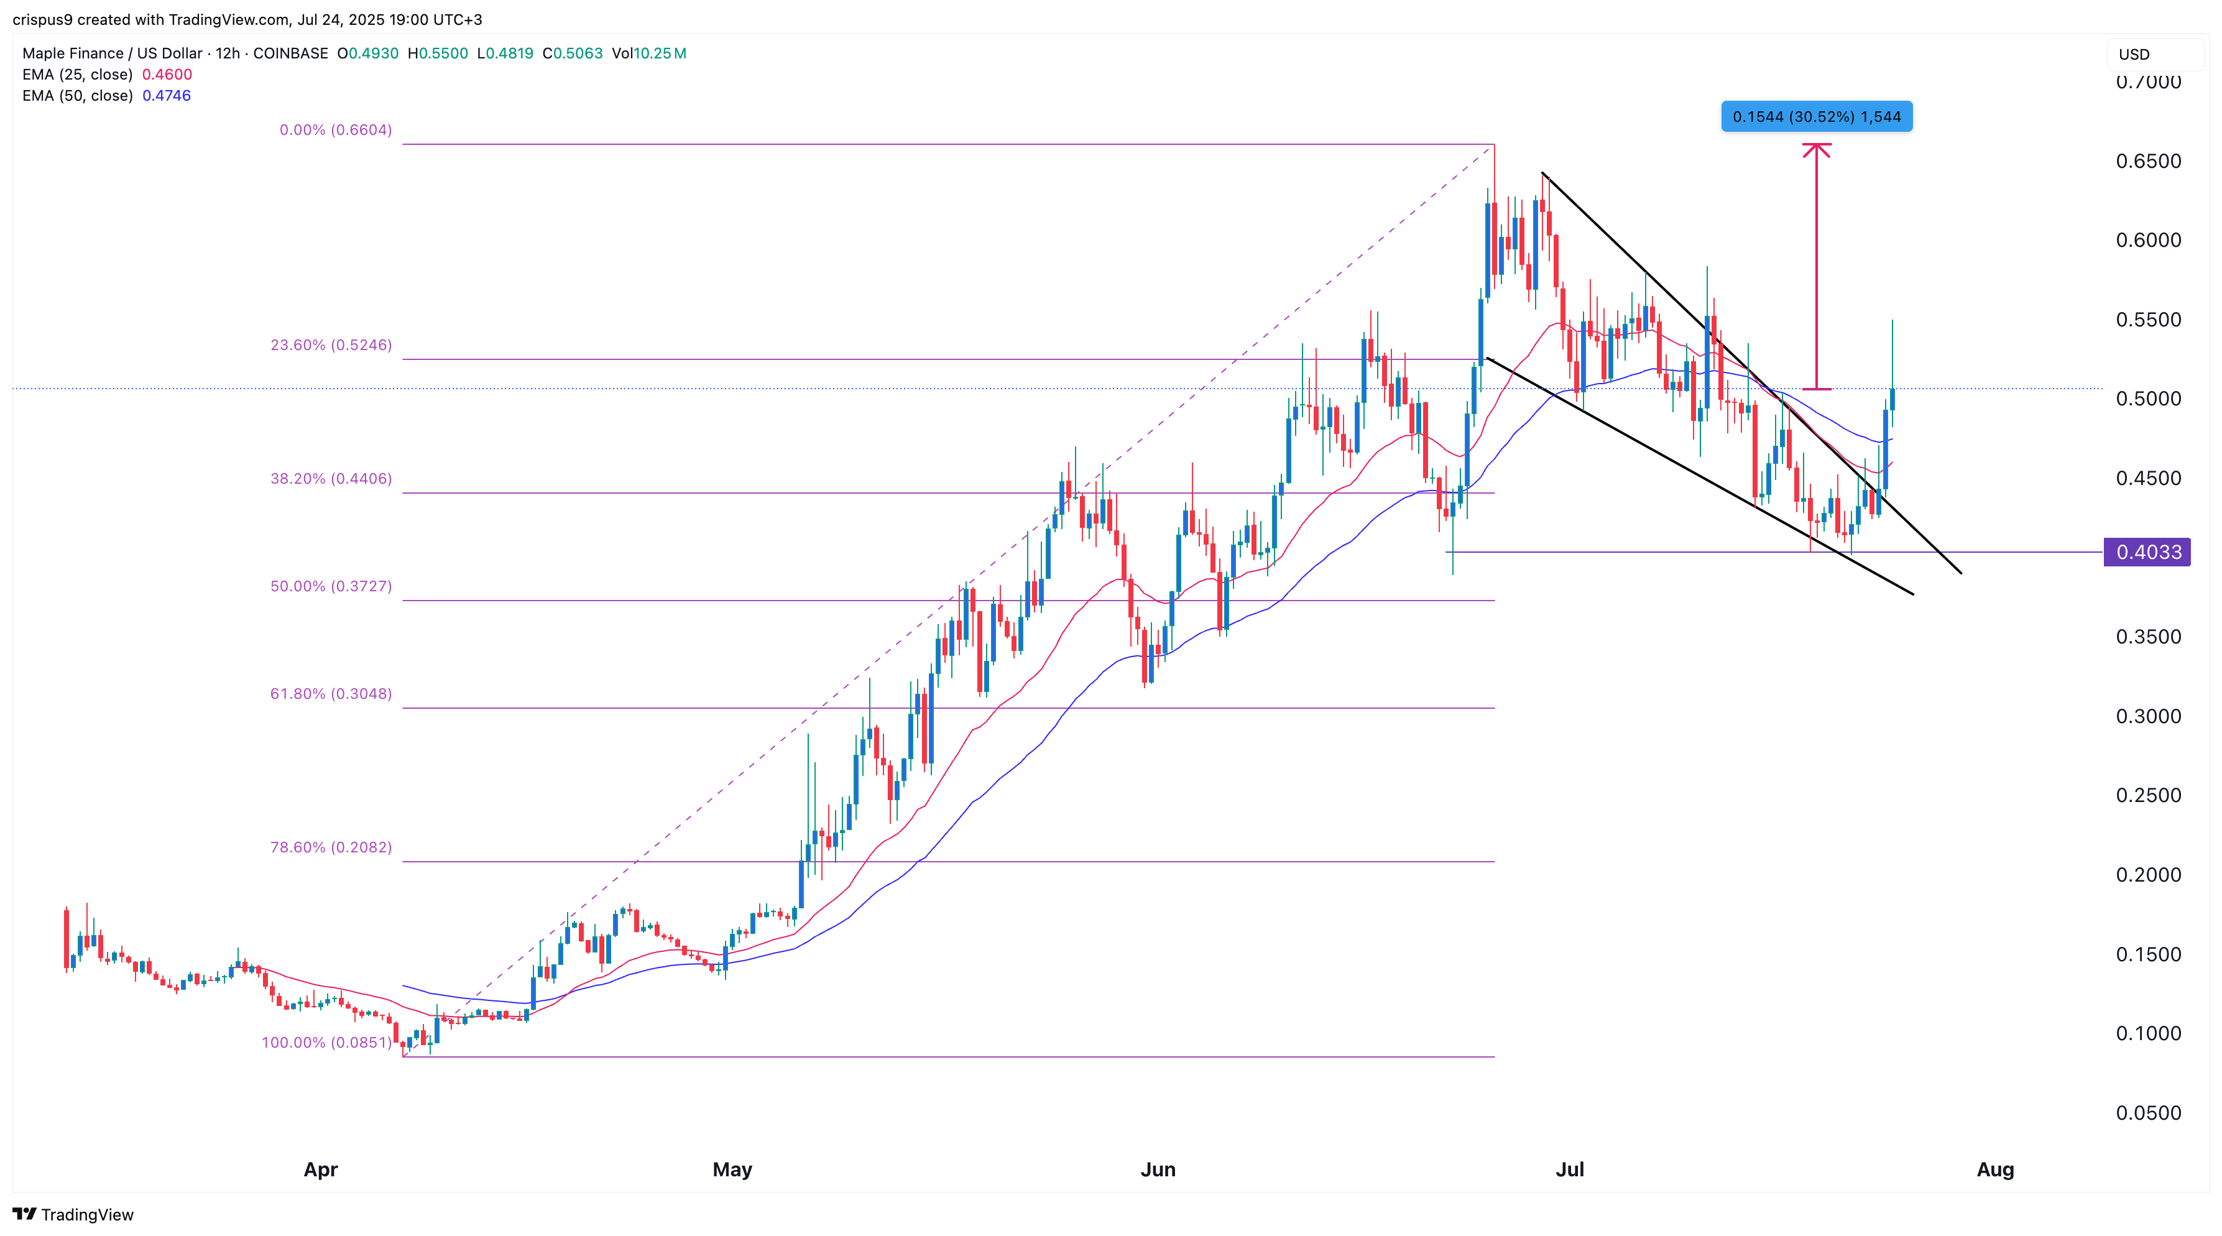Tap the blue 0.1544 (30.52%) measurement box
[1816, 116]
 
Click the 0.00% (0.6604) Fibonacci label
[336, 130]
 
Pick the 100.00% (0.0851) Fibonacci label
[326, 1042]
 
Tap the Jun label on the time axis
[1158, 1169]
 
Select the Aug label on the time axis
[1995, 1169]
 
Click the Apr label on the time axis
[320, 1169]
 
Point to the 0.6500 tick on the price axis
[2148, 161]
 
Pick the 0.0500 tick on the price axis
[2148, 1113]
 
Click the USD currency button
[2135, 54]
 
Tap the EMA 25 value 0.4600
[167, 74]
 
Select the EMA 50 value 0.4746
[167, 96]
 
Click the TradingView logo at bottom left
[73, 1214]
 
